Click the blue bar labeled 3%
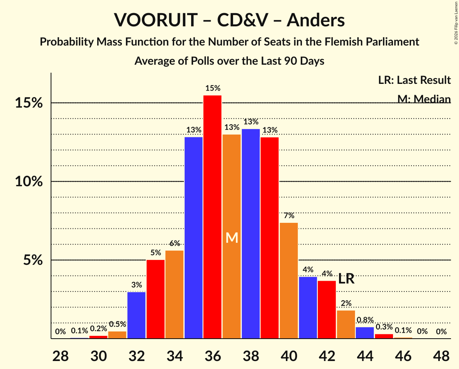(136, 315)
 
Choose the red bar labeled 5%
(156, 299)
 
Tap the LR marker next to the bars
(346, 279)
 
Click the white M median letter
(232, 238)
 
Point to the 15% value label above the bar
(213, 88)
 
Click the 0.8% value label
(365, 319)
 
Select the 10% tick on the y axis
(29, 182)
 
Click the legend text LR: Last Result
(414, 80)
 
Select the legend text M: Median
(424, 99)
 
